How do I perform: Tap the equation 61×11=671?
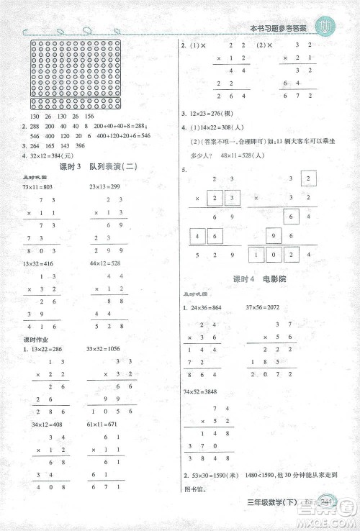(x=105, y=425)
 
